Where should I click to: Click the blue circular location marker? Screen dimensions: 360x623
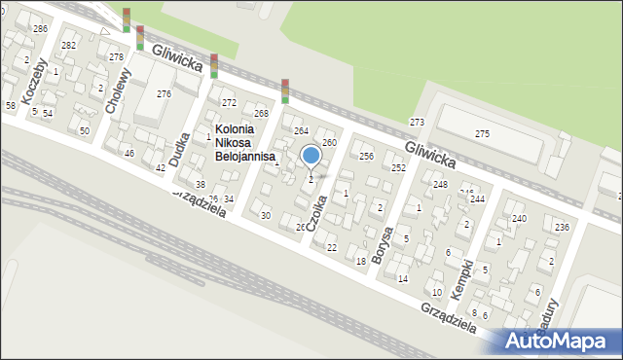pos(311,155)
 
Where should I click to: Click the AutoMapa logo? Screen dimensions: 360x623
pos(558,342)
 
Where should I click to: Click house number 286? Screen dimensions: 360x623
pos(40,29)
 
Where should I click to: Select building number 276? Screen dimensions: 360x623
pos(164,93)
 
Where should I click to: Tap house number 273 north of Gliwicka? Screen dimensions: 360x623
pos(417,122)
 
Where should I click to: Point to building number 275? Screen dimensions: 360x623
pos(482,132)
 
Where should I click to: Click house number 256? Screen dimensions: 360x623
pos(366,156)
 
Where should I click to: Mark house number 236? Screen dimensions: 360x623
pos(561,227)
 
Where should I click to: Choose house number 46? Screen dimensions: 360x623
pos(128,154)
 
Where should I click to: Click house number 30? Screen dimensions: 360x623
pos(265,215)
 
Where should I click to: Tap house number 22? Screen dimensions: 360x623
pos(332,248)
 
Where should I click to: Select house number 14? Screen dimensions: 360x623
pos(402,278)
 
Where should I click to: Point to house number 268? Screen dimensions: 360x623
pos(261,114)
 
